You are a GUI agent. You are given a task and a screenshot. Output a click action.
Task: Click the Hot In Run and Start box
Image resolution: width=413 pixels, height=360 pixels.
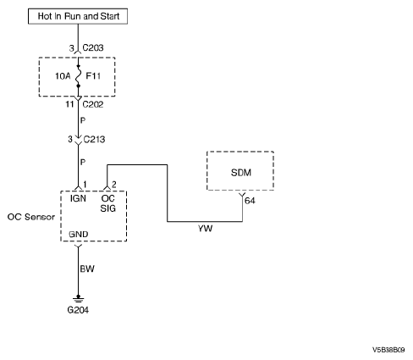78,16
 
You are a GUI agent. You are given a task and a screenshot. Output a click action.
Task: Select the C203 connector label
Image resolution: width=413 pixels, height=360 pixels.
93,47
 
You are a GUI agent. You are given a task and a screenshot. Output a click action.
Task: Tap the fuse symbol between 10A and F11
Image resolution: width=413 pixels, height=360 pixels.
79,75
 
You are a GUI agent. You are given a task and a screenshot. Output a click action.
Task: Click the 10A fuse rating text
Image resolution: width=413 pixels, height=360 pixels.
63,76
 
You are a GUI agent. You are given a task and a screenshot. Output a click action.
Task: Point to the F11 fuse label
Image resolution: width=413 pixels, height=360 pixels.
93,76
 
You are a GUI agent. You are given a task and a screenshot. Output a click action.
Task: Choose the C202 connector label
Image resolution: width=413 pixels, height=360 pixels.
93,104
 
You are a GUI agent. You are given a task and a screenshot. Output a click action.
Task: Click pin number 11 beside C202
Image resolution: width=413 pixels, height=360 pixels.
69,104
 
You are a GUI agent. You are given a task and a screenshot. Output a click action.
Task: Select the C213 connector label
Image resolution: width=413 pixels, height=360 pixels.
94,139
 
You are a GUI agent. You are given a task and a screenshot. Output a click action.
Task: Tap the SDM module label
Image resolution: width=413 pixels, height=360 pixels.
241,173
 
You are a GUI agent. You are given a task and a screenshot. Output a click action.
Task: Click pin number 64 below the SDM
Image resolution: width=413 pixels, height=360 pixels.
250,201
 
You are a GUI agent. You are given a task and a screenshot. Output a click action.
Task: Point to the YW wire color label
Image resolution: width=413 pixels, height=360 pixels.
205,229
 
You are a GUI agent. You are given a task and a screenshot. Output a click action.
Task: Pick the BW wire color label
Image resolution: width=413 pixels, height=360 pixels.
87,269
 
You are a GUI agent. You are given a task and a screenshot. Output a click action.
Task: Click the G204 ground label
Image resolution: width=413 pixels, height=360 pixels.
78,310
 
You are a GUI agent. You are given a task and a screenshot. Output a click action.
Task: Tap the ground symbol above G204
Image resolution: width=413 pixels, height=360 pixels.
78,299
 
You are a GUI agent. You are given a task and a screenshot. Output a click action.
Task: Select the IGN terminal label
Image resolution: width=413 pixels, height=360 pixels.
78,198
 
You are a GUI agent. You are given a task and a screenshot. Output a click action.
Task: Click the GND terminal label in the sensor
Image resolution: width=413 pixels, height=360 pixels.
79,235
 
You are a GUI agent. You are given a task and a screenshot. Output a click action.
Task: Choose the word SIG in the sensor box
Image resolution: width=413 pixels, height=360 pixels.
108,208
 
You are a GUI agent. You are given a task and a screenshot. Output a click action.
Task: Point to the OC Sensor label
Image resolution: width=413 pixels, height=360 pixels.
31,217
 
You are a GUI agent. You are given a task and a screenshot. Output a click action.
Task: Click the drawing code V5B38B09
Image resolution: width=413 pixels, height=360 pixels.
388,350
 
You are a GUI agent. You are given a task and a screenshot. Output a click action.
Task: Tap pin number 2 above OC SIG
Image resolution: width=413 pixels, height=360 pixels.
114,185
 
